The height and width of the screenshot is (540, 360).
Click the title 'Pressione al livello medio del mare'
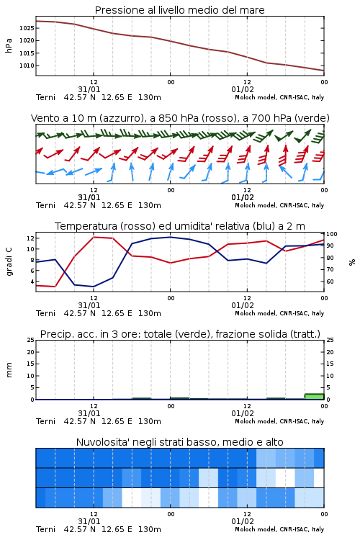[179, 10]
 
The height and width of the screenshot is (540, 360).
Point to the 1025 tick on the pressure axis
[27, 28]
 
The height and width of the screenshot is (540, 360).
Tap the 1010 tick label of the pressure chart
[27, 66]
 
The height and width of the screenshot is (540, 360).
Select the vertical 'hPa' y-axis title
[9, 45]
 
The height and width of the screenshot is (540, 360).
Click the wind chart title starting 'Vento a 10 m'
[180, 118]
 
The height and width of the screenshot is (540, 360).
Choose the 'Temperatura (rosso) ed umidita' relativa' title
[180, 226]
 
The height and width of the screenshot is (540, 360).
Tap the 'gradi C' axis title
[9, 262]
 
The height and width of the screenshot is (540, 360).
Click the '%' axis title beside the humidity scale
[352, 262]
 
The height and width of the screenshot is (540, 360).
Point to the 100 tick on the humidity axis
[332, 234]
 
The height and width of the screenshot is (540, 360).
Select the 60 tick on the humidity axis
[330, 282]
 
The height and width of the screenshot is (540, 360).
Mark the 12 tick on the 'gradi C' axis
[30, 238]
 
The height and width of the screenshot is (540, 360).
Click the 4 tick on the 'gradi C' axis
[32, 282]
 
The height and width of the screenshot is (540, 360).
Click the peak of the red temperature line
[94, 237]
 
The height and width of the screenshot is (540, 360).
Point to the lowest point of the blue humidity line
[93, 287]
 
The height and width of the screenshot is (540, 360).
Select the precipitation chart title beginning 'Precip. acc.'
[180, 334]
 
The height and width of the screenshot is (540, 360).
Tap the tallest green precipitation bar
[314, 397]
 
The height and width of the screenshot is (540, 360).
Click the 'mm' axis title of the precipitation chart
[9, 370]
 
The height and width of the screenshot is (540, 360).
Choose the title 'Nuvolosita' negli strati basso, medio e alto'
[179, 442]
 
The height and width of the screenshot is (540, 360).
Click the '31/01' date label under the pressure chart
[89, 89]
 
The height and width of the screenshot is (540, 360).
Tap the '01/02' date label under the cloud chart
[243, 521]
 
